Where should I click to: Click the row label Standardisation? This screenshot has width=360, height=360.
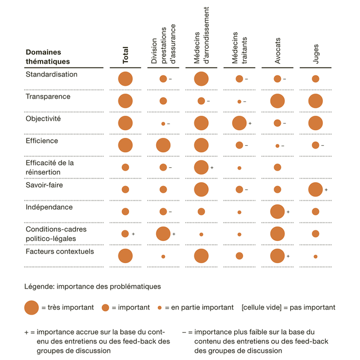(x=52, y=74)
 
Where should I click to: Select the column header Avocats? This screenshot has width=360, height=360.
(x=277, y=50)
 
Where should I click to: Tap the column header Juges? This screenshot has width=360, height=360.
(x=316, y=54)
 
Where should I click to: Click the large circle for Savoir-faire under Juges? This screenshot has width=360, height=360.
(x=315, y=189)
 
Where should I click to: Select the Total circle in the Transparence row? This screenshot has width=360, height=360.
(x=125, y=101)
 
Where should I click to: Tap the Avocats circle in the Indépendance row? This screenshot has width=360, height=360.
(x=277, y=212)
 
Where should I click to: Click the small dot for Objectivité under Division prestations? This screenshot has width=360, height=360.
(x=163, y=124)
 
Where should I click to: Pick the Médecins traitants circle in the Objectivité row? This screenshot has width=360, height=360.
(x=239, y=123)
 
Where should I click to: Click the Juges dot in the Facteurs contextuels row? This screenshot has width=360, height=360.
(x=315, y=256)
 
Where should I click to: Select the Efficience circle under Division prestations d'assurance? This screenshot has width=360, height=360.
(x=163, y=145)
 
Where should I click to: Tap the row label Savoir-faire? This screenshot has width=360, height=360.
(x=44, y=185)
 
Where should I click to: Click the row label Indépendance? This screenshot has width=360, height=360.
(x=49, y=207)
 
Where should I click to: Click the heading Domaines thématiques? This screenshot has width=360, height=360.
(x=48, y=57)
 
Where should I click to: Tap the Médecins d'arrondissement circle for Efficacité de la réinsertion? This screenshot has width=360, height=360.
(x=201, y=167)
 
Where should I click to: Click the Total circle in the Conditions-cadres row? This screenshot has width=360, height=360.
(x=125, y=234)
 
